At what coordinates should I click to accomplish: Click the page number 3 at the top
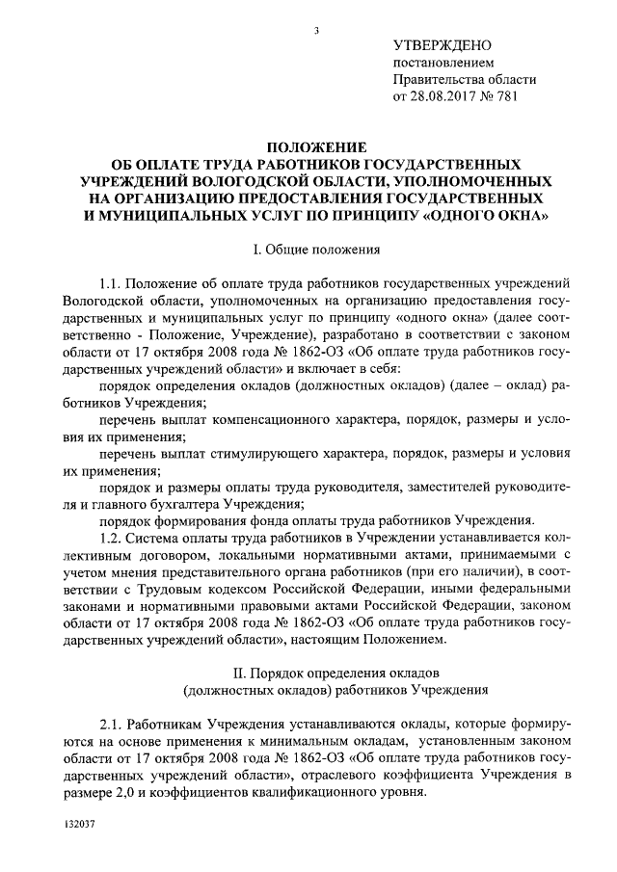click(316, 32)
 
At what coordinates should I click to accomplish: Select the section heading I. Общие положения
click(315, 250)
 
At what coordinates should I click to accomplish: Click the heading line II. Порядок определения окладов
click(315, 669)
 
